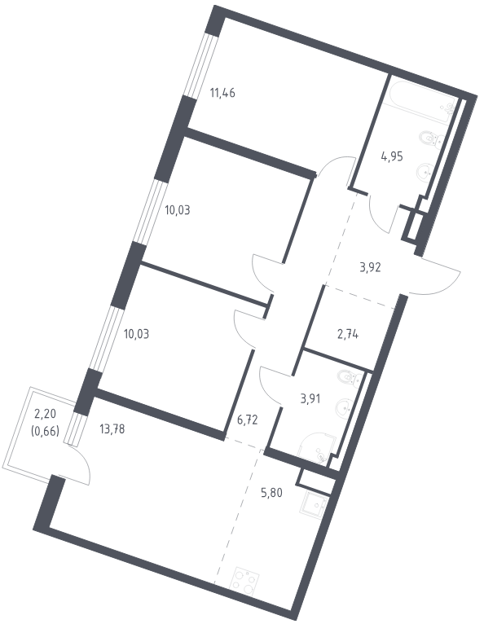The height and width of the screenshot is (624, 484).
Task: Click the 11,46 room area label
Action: [222, 94]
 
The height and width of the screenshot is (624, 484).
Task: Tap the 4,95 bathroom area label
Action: [392, 156]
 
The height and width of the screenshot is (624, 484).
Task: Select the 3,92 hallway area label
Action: [370, 267]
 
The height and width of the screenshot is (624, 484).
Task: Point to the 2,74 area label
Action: [347, 335]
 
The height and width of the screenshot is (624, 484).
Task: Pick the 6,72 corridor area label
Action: [247, 420]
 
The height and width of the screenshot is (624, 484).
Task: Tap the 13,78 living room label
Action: [112, 429]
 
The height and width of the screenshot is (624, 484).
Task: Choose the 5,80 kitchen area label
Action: [271, 493]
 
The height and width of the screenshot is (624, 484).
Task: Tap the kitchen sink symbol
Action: [316, 507]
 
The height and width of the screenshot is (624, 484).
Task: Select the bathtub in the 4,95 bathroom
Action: [421, 101]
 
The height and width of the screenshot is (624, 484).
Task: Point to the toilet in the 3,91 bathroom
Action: [349, 377]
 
